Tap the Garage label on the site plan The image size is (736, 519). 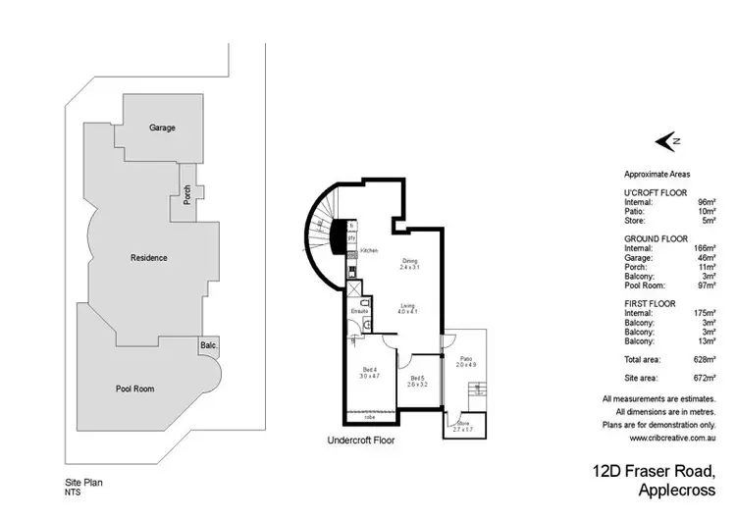point(162,128)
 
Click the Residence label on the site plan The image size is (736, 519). point(149,258)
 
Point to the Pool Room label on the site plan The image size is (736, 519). point(134,389)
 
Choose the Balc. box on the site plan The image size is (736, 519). point(207,346)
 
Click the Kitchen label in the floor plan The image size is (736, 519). point(369,251)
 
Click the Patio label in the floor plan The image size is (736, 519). point(465,359)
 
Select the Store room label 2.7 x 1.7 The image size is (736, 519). point(461,428)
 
